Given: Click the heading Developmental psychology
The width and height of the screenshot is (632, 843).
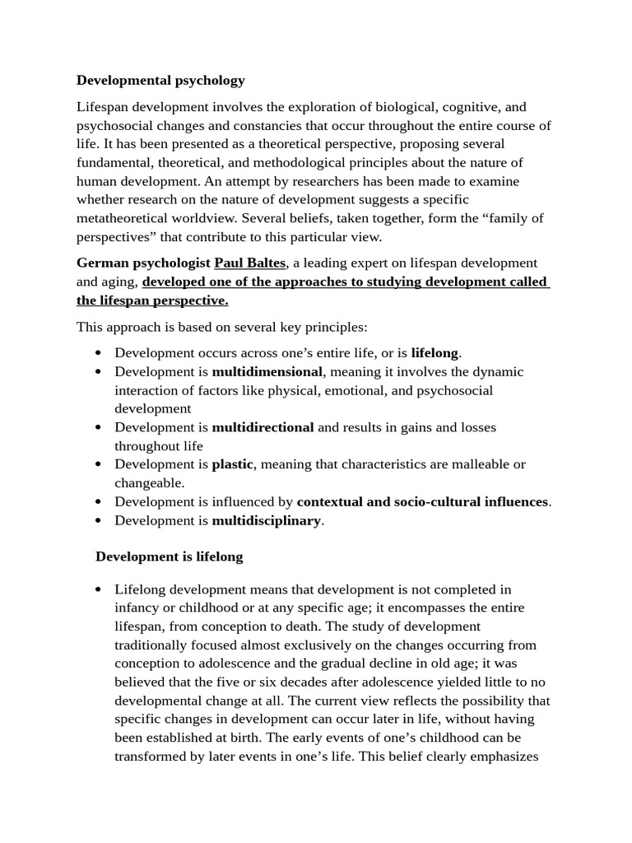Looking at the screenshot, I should (160, 80).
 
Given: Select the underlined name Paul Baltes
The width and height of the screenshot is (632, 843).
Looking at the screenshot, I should (249, 263).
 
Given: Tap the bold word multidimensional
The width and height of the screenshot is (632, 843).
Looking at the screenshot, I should (267, 371).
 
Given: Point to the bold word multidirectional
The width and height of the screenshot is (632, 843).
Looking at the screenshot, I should (263, 427).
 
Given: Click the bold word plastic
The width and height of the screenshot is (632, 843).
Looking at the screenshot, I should (233, 463).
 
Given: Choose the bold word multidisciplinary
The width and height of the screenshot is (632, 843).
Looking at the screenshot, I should (266, 520).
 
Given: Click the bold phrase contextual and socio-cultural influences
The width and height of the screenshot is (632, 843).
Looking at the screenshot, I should (422, 501).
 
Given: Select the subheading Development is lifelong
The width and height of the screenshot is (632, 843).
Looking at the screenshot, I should (169, 557).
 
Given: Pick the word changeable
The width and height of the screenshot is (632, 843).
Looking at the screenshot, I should (148, 482).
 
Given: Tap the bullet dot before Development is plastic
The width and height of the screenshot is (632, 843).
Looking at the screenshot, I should (99, 464).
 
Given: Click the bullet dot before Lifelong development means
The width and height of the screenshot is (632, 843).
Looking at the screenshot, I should (99, 589).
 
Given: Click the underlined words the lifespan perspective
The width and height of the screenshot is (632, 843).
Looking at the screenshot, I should (152, 300).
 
